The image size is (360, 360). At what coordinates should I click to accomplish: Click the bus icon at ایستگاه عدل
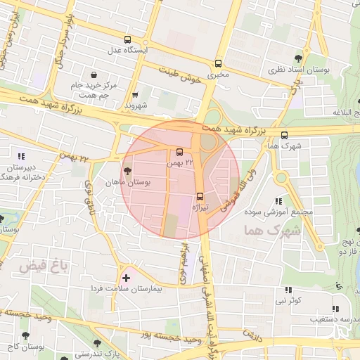click(x=127, y=40)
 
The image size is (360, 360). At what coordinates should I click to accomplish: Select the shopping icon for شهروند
click(x=135, y=95)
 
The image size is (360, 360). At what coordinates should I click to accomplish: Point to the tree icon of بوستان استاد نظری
click(x=299, y=59)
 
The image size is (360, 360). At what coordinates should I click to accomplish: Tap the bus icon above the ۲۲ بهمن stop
click(x=179, y=152)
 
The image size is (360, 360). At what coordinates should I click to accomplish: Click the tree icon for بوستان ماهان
click(x=127, y=171)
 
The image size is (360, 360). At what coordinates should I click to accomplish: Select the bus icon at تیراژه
click(x=200, y=196)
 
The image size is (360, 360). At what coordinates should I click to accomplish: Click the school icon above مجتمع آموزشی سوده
click(x=279, y=201)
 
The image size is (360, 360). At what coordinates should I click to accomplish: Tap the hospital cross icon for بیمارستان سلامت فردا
click(x=126, y=278)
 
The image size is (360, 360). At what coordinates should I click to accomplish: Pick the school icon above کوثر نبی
click(x=288, y=290)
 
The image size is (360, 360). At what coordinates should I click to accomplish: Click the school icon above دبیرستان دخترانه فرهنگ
click(x=21, y=155)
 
